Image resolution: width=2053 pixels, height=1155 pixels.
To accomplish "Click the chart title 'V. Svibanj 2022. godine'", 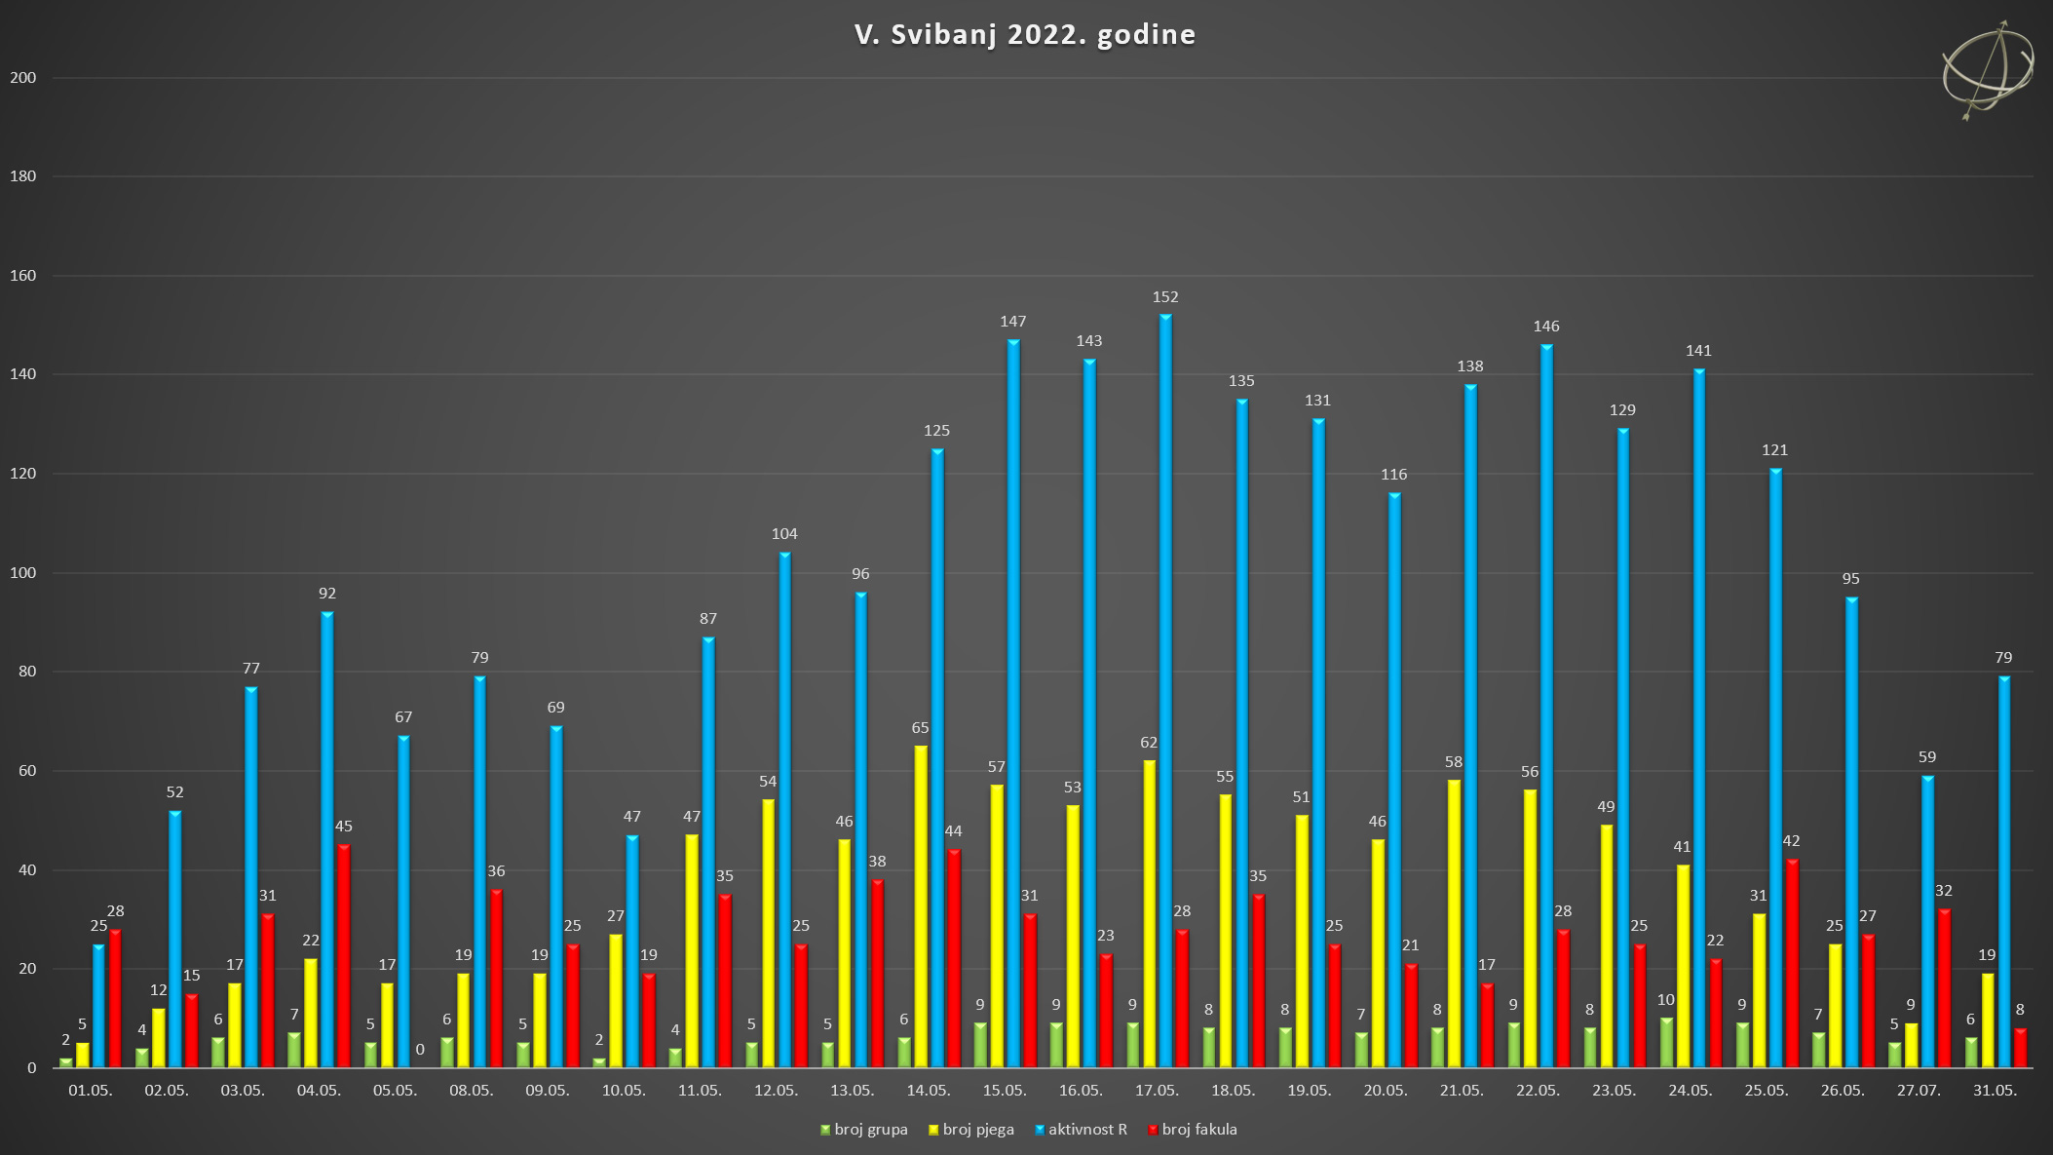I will (x=1025, y=34).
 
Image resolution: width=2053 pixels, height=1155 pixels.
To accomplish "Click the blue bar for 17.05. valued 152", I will (x=1165, y=692).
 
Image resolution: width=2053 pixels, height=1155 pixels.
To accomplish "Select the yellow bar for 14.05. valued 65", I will (x=921, y=906).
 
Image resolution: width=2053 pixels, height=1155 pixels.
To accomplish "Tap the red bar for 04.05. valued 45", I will (x=344, y=955).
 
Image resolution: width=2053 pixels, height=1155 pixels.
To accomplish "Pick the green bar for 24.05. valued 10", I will (x=1666, y=1043).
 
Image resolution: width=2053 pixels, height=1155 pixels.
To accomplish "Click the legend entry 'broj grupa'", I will (x=864, y=1130).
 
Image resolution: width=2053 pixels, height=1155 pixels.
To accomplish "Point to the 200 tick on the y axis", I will (x=23, y=78).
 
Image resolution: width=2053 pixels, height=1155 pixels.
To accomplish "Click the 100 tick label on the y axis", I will (x=23, y=573).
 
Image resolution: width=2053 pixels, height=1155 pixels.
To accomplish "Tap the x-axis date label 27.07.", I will (x=1919, y=1091).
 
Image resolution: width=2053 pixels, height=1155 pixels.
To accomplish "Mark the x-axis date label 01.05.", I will (x=91, y=1091).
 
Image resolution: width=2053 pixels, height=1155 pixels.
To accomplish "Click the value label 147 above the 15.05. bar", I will (x=1013, y=322).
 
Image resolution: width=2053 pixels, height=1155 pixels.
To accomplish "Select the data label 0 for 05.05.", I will (x=420, y=1050).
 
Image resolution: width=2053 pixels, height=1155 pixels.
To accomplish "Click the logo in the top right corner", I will (x=1988, y=70).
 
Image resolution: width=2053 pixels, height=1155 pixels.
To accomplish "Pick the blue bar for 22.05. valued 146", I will (x=1546, y=707).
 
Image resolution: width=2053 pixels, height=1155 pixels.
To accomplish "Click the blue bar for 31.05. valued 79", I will (x=2004, y=872).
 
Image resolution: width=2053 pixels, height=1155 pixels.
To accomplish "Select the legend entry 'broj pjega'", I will (x=971, y=1130).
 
